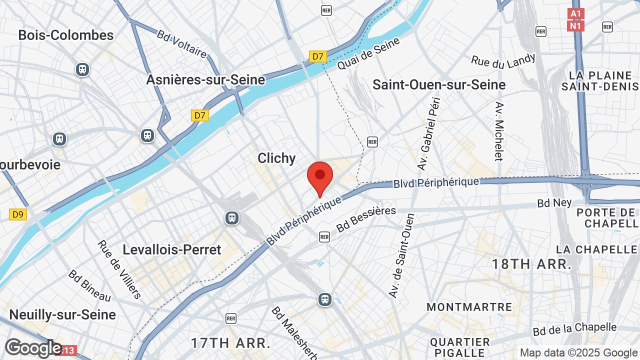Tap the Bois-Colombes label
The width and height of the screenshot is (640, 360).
coord(66,35)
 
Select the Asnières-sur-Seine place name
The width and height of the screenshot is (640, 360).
coord(205,79)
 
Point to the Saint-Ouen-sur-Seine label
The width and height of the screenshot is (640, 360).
coord(439,84)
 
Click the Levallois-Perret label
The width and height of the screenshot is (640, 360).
coord(172,249)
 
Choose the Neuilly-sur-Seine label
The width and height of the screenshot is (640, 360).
coord(62,314)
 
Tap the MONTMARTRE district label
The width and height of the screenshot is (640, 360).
coord(469,307)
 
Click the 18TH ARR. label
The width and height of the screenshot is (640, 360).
coord(531,264)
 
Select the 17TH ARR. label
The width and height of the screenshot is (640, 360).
coord(230,343)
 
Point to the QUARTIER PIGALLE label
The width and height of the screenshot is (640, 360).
coord(460,347)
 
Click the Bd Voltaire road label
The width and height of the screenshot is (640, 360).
coord(181,43)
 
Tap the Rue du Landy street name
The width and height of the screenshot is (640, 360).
coord(503,61)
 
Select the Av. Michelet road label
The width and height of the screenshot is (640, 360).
coord(498,131)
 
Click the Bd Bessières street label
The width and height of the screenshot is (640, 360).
coord(366,219)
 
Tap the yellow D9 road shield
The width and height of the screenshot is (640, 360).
coord(18,214)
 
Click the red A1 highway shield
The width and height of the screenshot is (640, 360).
coord(576,14)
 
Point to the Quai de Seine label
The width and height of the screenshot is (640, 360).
coord(368,53)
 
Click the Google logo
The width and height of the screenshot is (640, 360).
coord(33,348)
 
